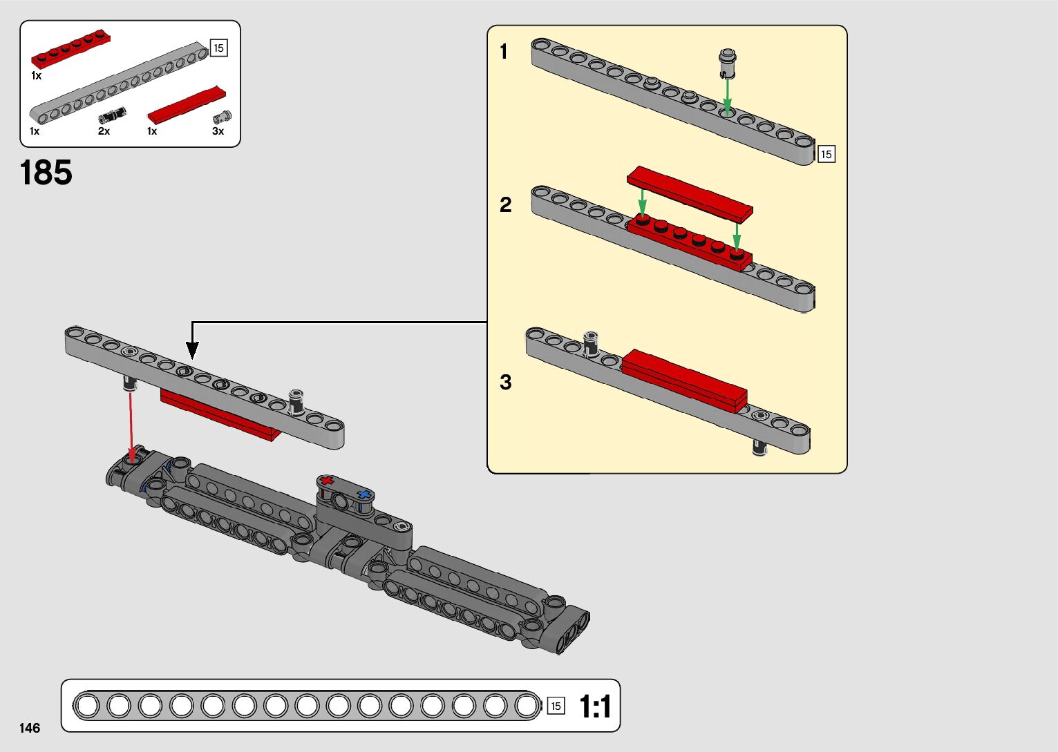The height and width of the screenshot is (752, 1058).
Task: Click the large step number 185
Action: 46,173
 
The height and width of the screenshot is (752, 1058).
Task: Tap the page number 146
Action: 30,728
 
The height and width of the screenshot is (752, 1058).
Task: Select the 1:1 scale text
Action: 595,706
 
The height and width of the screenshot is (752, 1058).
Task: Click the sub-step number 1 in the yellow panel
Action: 504,51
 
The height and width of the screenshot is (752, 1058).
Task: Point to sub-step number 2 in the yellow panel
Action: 505,205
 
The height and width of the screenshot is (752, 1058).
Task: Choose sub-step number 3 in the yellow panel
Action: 505,382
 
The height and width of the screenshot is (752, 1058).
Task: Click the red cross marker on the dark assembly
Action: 326,481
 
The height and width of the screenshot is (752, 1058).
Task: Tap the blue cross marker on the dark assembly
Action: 363,494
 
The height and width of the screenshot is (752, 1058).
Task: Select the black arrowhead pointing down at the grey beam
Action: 191,350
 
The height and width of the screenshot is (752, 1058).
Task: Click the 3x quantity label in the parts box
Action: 218,131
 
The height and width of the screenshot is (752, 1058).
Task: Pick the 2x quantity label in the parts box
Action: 104,131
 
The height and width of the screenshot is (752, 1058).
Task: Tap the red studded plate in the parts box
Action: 71,48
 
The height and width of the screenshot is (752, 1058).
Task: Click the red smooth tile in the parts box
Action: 187,106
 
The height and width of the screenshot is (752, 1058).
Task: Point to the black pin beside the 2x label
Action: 113,115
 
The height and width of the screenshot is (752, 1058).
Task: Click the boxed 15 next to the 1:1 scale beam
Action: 556,706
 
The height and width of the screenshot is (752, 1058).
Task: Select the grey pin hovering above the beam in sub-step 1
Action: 728,64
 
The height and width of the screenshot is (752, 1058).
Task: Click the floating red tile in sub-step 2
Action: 690,194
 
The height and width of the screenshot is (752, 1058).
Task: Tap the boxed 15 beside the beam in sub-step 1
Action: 826,155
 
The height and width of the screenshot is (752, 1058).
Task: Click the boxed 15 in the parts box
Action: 218,48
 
